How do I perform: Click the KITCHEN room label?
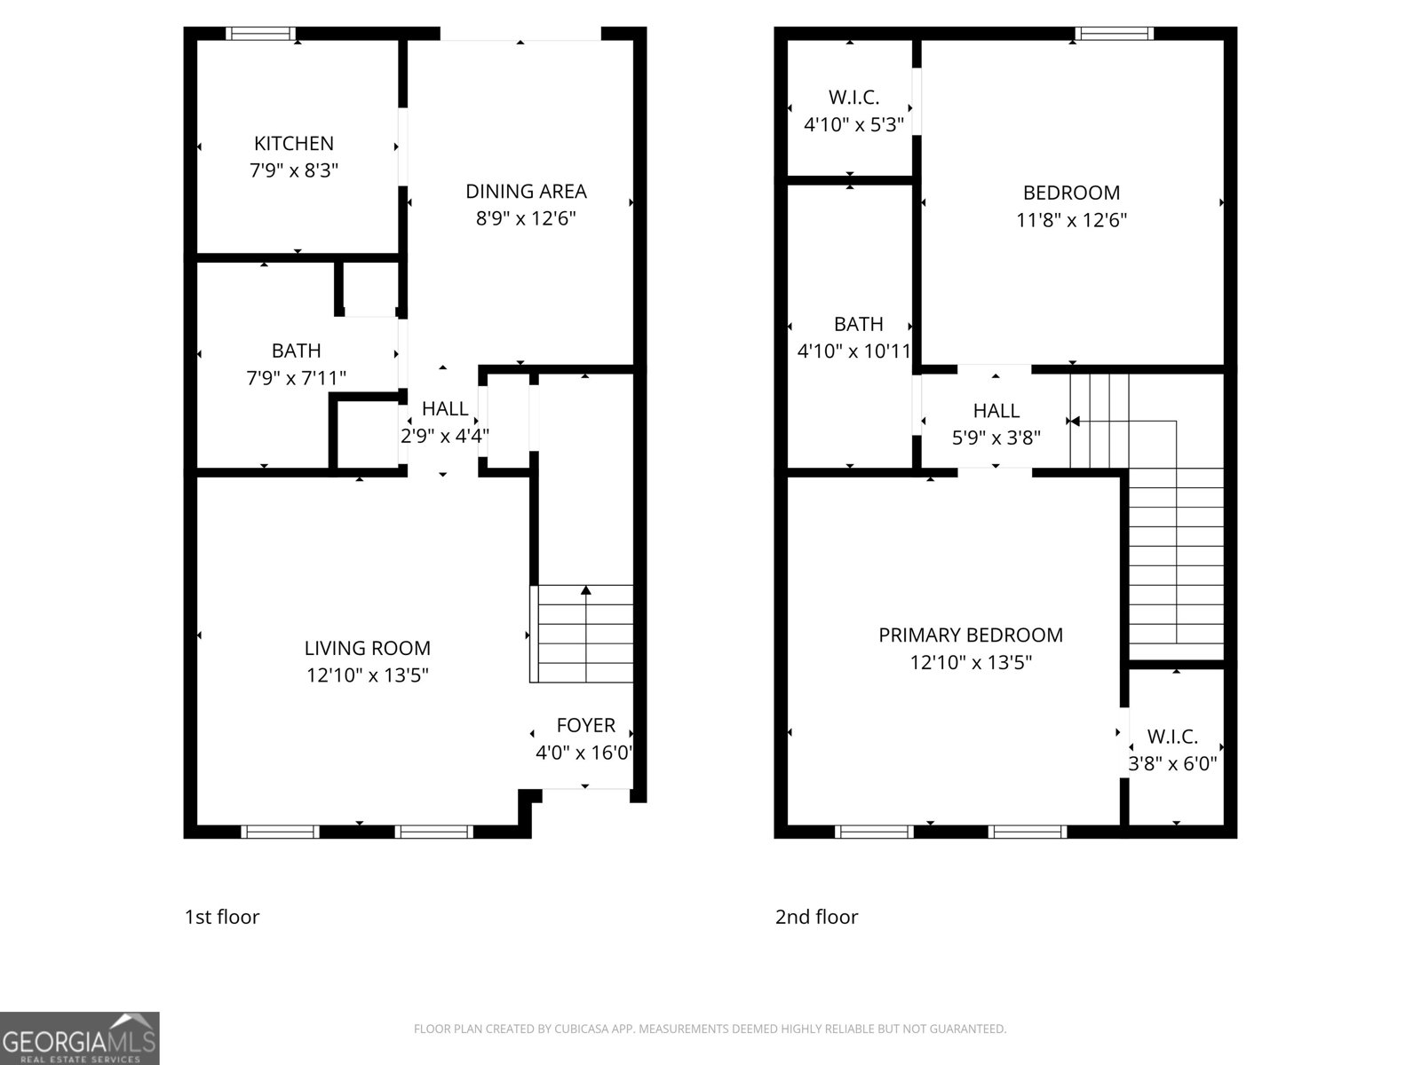[294, 143]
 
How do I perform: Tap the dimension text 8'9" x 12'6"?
[526, 218]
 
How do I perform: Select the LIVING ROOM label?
[368, 648]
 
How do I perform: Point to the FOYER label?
[585, 725]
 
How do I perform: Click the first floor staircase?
[583, 634]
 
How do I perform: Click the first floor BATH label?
[296, 351]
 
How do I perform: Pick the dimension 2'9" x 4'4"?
[444, 436]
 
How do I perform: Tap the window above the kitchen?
[260, 34]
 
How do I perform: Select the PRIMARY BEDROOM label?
[970, 635]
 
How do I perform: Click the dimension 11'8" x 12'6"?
[1071, 220]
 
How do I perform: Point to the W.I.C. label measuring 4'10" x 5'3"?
[853, 98]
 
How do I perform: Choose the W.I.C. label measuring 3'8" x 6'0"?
[1172, 737]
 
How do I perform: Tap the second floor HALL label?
[996, 410]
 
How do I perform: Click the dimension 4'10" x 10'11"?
[854, 351]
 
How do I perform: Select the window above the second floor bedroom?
[1114, 34]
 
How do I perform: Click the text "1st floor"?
[221, 917]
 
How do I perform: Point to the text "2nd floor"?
[816, 917]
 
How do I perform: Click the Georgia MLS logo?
[79, 1038]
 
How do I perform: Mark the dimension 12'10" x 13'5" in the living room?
[368, 675]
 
